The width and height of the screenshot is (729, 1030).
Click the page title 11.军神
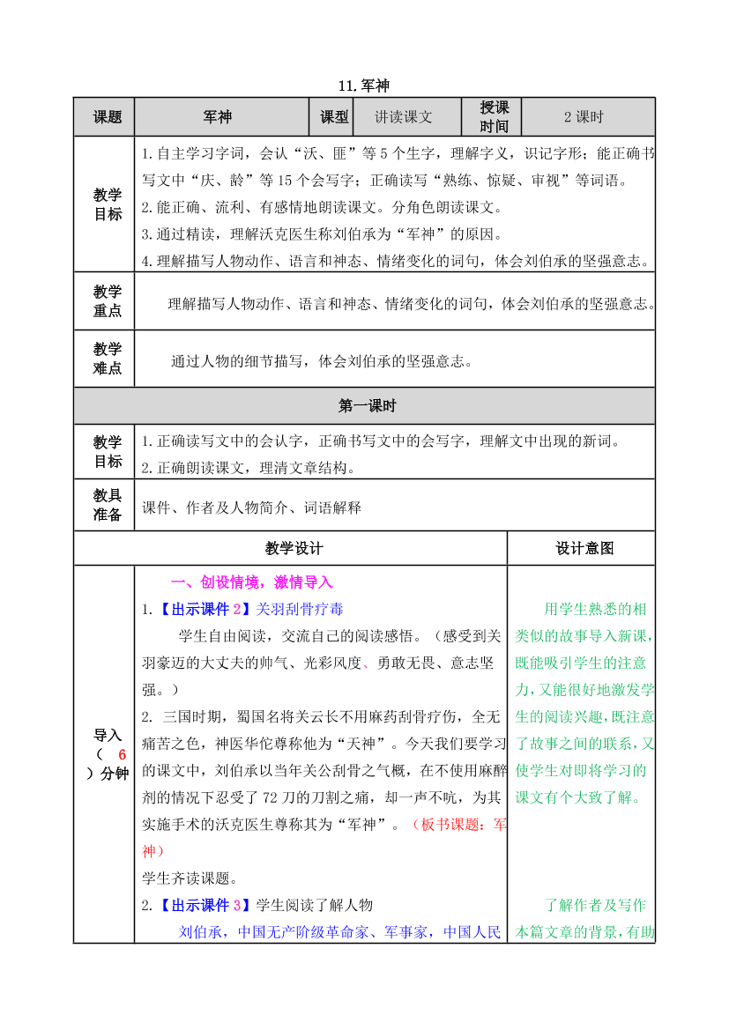click(363, 86)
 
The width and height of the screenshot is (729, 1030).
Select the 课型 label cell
click(331, 117)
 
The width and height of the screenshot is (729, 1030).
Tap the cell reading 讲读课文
click(404, 117)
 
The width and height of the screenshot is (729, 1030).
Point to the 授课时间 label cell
click(495, 117)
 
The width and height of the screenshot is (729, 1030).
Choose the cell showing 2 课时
click(584, 117)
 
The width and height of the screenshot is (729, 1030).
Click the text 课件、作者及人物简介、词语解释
click(251, 508)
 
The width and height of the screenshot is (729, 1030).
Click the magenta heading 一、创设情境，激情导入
click(251, 582)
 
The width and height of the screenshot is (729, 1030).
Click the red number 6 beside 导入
click(123, 754)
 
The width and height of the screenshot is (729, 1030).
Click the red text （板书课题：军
click(459, 825)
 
